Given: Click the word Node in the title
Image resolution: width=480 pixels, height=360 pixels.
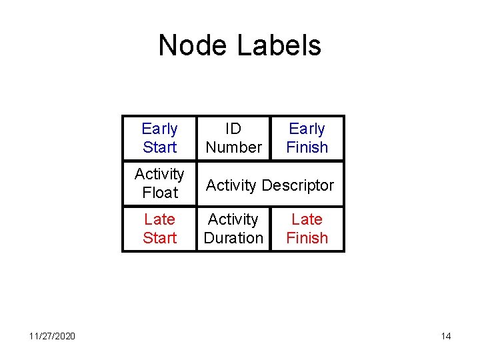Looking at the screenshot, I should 193,45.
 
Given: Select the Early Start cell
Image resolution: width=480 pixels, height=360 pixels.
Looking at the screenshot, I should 159,138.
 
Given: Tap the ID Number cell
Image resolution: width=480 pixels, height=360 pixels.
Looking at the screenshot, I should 233,138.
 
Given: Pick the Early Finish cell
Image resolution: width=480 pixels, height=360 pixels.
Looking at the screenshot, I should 307,138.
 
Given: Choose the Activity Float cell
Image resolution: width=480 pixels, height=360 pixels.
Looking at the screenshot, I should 159,183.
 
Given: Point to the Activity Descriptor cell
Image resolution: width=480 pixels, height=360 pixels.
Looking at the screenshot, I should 270,185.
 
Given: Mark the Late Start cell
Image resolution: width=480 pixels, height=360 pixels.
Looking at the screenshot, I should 159,229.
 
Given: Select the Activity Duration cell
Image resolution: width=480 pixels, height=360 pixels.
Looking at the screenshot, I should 233,229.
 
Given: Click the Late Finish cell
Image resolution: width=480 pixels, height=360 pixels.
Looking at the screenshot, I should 307,229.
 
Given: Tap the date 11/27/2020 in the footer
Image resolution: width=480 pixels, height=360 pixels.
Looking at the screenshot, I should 52,336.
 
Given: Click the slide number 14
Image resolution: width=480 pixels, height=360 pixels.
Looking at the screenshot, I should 446,336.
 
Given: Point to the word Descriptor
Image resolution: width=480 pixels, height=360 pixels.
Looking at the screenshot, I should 298,185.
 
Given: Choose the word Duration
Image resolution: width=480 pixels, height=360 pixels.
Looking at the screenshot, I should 233,238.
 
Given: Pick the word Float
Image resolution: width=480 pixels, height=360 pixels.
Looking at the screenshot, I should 160,193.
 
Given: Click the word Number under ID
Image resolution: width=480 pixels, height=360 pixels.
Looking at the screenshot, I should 233,147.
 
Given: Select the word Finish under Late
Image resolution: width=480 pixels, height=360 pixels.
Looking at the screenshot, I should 307,238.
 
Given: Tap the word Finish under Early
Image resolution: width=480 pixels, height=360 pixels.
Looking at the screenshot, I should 307,147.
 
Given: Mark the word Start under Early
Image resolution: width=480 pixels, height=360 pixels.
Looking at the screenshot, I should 159,147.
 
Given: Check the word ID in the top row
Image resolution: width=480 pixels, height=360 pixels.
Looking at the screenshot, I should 233,129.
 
